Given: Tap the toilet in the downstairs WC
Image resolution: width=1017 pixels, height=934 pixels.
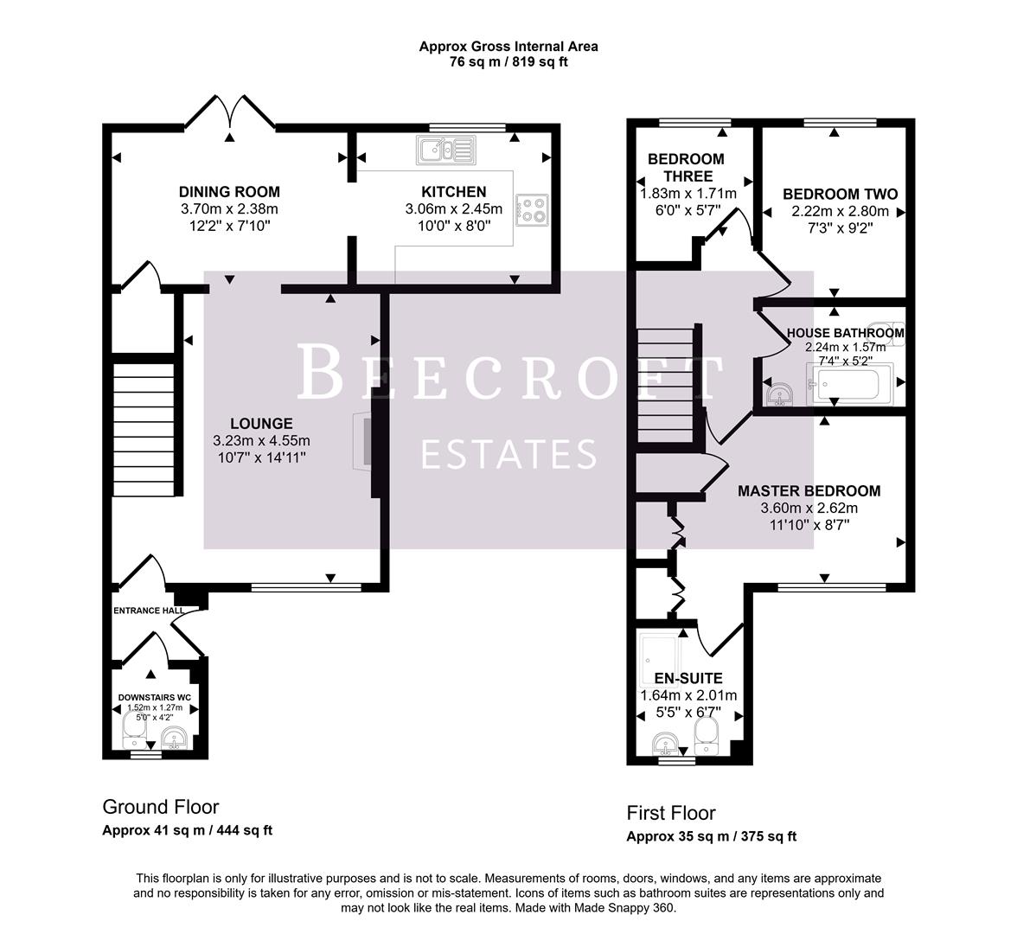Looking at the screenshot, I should pyautogui.click(x=132, y=739).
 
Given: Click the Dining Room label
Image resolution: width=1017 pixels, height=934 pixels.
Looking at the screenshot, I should pyautogui.click(x=229, y=192).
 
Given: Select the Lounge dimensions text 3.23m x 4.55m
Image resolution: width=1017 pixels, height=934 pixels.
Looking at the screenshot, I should pyautogui.click(x=260, y=440).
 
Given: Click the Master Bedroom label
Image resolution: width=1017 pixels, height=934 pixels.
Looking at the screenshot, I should pyautogui.click(x=809, y=491).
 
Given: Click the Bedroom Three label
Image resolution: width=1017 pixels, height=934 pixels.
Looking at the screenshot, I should pyautogui.click(x=686, y=167).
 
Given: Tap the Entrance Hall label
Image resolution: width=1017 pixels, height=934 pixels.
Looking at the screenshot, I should pyautogui.click(x=149, y=611).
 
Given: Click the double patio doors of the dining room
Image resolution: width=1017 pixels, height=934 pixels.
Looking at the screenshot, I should pyautogui.click(x=230, y=112).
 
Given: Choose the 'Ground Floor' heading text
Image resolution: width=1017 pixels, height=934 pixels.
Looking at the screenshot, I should pyautogui.click(x=161, y=807).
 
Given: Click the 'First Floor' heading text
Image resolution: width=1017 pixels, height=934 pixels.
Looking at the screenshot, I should pyautogui.click(x=670, y=813).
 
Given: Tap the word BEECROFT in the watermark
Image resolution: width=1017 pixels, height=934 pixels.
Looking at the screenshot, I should pyautogui.click(x=508, y=374).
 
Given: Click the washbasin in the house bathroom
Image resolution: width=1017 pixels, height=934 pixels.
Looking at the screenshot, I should pyautogui.click(x=780, y=393).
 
